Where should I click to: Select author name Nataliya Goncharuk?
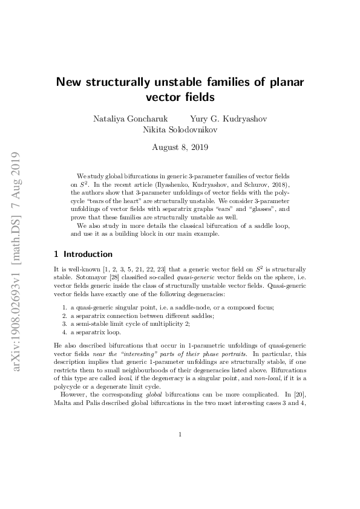[x=126, y=118]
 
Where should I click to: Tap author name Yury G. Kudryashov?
[x=229, y=118]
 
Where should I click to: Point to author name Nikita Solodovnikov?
[x=180, y=129]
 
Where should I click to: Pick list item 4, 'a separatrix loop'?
[x=96, y=332]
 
